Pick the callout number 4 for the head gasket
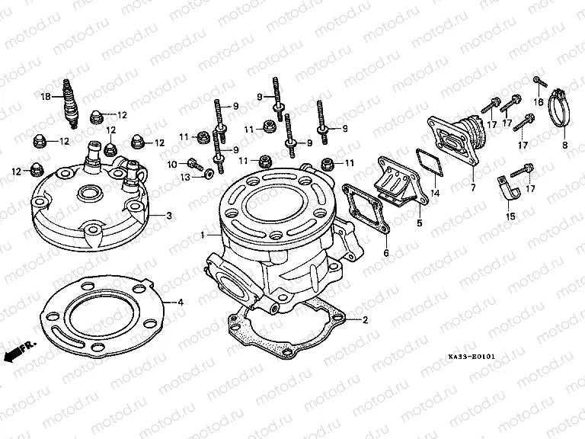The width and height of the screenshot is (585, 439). tap(181, 303)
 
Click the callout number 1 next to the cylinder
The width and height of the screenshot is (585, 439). tap(203, 234)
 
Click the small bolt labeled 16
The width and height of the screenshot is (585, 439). tap(538, 80)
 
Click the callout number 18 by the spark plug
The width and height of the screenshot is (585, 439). tap(46, 97)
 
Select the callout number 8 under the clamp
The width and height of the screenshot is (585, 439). tap(564, 145)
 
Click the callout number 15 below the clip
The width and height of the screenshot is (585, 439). tap(511, 216)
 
